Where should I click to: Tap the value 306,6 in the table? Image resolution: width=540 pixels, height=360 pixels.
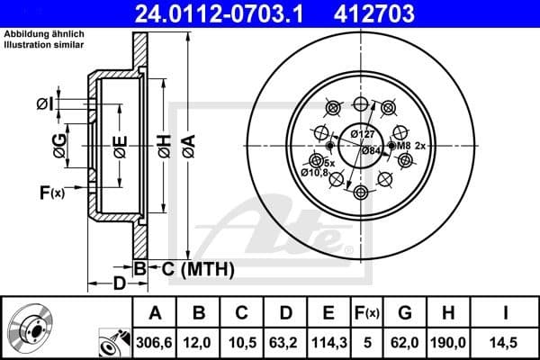155,342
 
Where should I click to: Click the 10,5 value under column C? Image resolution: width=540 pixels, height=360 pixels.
242,342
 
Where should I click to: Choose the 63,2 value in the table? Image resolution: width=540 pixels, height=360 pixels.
285,342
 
